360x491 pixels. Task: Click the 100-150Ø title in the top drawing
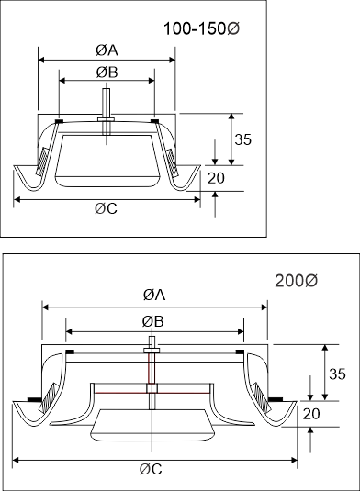tap(201, 28)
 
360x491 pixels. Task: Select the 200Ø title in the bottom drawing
tap(296, 281)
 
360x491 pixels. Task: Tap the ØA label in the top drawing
tap(107, 50)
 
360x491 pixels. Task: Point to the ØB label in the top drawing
tap(107, 72)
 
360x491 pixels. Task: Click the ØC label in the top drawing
tap(106, 208)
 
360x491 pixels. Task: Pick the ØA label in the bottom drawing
tap(154, 295)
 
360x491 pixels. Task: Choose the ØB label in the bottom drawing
tap(152, 321)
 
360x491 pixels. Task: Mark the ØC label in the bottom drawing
tap(151, 469)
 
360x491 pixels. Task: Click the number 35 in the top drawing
tap(243, 139)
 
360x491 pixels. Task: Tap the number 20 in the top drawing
tap(216, 178)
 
